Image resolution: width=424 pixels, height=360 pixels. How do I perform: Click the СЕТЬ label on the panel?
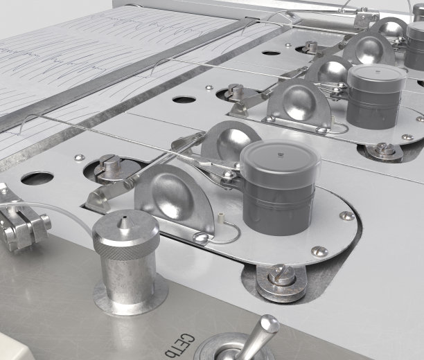click(x=179, y=346)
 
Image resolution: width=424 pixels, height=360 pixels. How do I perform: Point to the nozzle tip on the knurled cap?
click(x=124, y=217)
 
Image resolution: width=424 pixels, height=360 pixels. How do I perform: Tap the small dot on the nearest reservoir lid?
click(x=280, y=155)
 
